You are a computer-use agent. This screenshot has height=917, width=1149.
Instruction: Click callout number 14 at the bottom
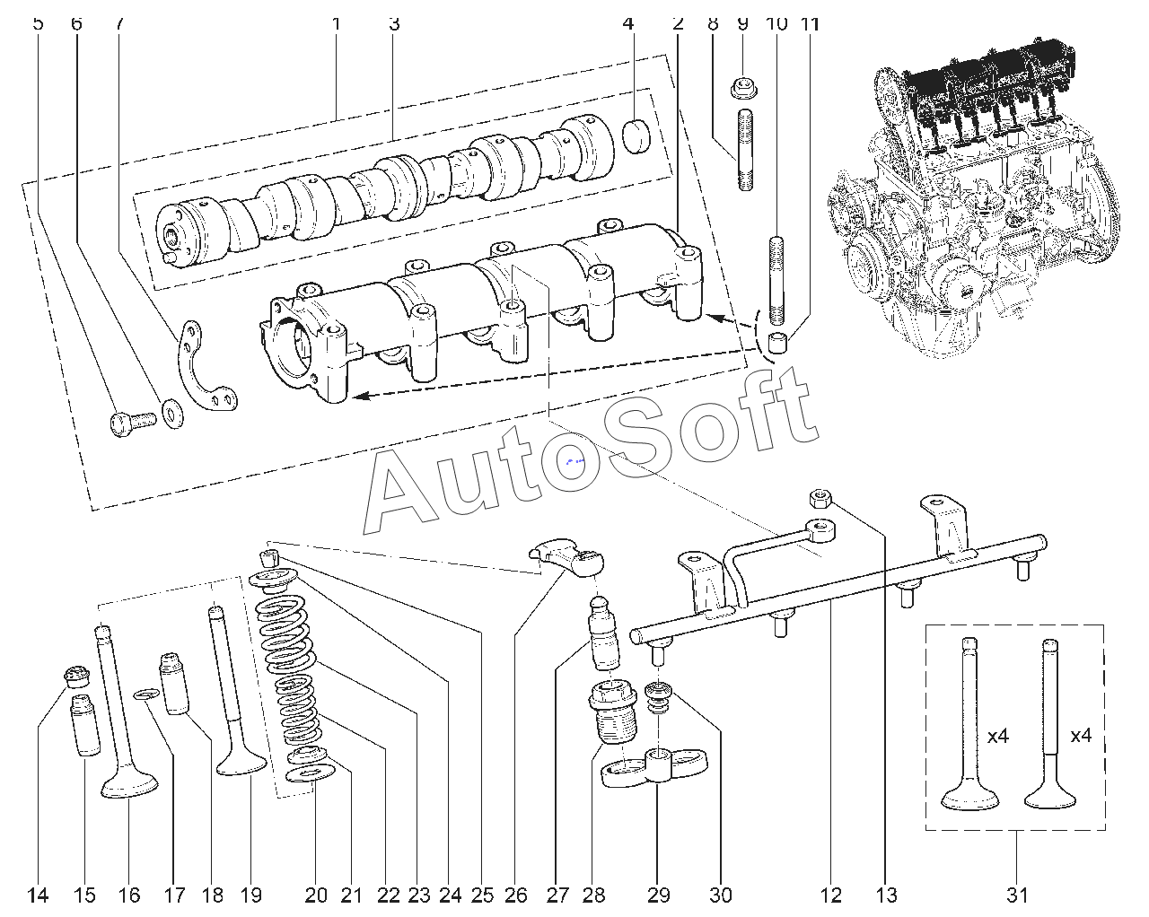pyautogui.click(x=38, y=895)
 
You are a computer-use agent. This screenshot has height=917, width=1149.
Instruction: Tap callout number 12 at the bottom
pyautogui.click(x=831, y=895)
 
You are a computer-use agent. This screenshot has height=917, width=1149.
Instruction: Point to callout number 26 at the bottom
pyautogui.click(x=515, y=895)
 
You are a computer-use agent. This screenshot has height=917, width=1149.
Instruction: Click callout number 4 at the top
pyautogui.click(x=628, y=23)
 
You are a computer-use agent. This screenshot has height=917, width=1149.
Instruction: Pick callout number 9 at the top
pyautogui.click(x=742, y=23)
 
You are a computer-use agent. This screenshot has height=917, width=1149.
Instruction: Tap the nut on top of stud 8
pyautogui.click(x=742, y=88)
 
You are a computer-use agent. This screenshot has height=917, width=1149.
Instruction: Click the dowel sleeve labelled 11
pyautogui.click(x=777, y=342)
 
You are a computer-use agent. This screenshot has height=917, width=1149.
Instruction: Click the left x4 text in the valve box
pyautogui.click(x=998, y=736)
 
